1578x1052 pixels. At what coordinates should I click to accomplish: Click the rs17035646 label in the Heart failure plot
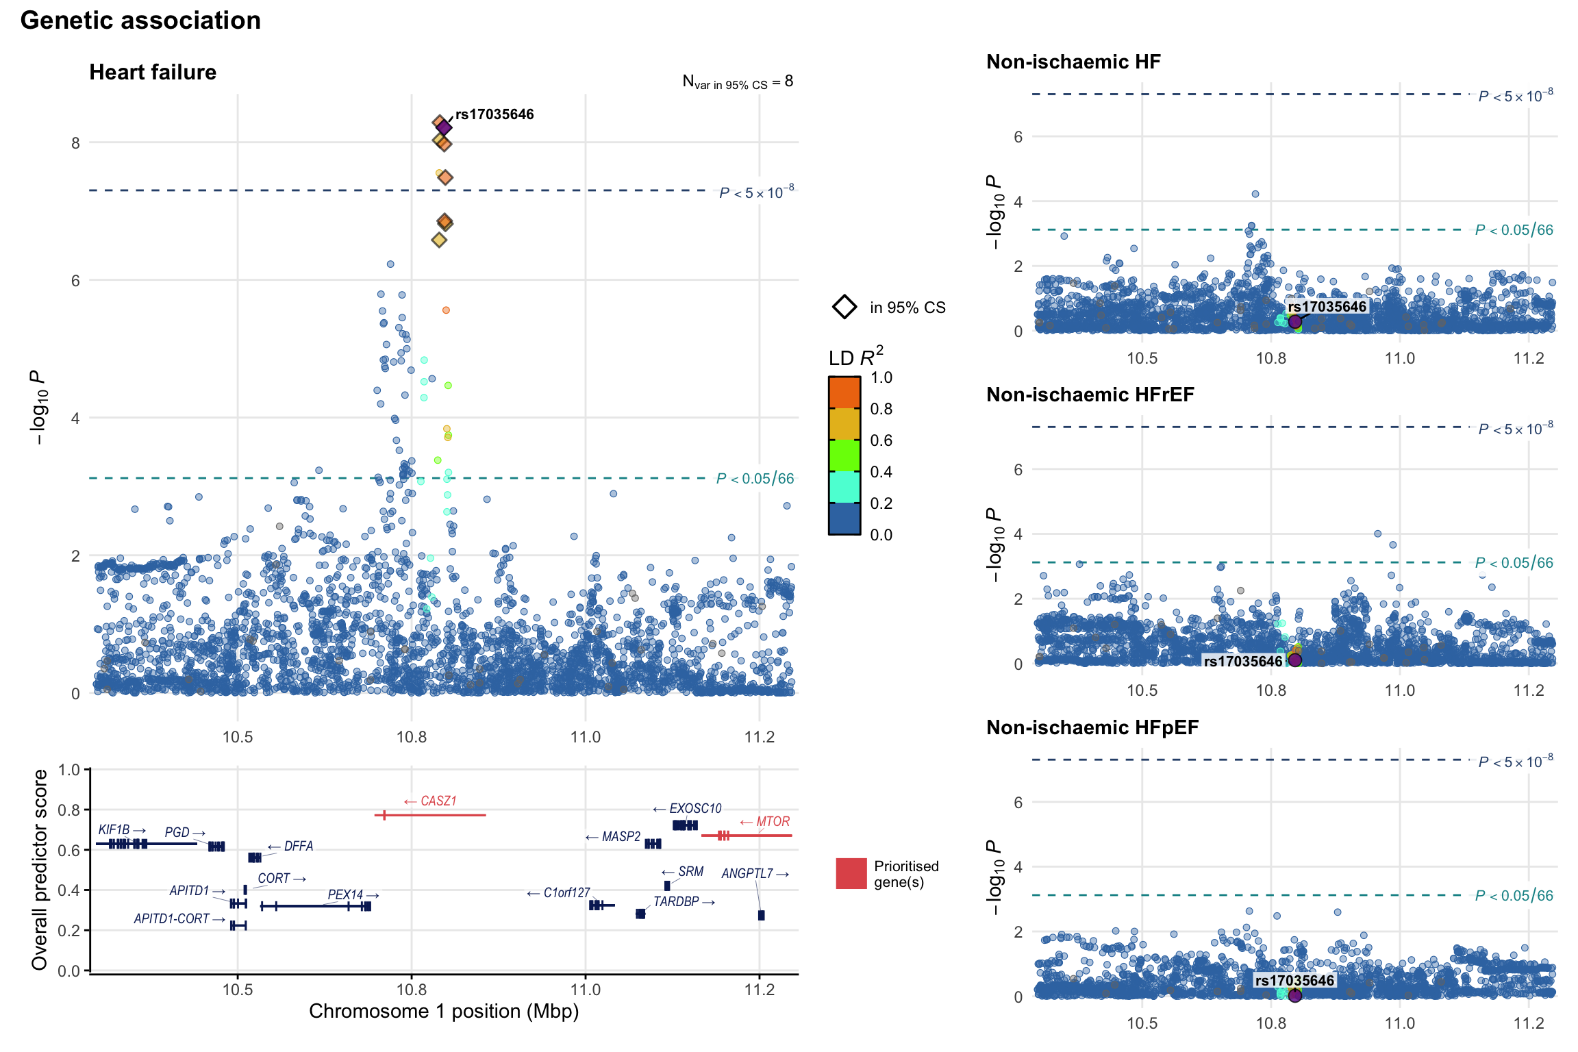tap(494, 114)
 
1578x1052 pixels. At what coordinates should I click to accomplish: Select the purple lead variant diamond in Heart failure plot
tap(444, 127)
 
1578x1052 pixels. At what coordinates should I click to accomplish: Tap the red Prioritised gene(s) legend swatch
tap(851, 874)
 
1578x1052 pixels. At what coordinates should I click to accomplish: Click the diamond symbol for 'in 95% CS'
tap(844, 307)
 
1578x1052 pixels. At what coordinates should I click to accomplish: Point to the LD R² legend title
tap(855, 358)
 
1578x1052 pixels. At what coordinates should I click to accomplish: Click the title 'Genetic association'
tap(140, 21)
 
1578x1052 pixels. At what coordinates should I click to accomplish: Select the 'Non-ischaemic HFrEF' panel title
tap(1090, 394)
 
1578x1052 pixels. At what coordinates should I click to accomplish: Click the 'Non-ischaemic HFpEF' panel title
tap(1092, 727)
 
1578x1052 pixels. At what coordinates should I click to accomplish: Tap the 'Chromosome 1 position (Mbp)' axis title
tap(444, 1012)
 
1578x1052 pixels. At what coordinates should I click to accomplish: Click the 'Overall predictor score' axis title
tap(39, 869)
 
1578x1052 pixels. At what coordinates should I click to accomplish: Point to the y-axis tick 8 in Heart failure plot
tap(75, 142)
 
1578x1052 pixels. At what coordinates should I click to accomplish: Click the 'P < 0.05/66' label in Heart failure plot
tap(755, 478)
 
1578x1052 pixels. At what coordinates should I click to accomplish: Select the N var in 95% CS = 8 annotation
tap(738, 82)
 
